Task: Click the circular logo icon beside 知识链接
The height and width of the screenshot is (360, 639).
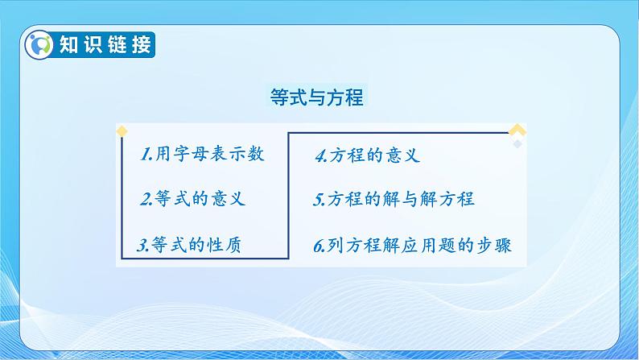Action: pos(39,44)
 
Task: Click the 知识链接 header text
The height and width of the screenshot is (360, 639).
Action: pos(105,44)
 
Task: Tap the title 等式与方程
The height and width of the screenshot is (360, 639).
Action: pos(316,97)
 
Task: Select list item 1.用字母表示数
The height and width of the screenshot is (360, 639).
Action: pos(202,154)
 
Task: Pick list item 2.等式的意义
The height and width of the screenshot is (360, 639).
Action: pos(193,199)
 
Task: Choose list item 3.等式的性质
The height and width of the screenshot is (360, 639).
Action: pos(189,245)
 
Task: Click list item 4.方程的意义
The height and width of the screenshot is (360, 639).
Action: pos(367,155)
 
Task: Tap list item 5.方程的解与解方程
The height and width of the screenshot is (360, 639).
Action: pos(394,200)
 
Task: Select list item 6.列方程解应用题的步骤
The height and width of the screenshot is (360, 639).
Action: pos(412,246)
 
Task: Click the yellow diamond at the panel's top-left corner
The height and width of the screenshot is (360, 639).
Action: pos(122,131)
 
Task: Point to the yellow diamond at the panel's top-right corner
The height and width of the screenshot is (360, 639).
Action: pos(517,130)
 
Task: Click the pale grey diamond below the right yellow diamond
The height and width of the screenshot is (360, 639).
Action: pos(517,143)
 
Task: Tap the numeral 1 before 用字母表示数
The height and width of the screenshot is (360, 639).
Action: pos(145,154)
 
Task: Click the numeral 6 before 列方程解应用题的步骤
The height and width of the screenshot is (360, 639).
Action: pos(319,246)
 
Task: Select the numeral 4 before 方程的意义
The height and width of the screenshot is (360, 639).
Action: pos(320,156)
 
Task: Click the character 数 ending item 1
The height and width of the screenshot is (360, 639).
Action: pos(256,154)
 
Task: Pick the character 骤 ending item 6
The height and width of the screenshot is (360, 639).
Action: pos(502,246)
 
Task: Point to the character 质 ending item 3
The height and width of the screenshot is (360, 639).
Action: pos(233,245)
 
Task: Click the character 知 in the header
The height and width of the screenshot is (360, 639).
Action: pos(68,44)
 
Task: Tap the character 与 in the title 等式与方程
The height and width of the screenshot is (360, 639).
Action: pos(316,97)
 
